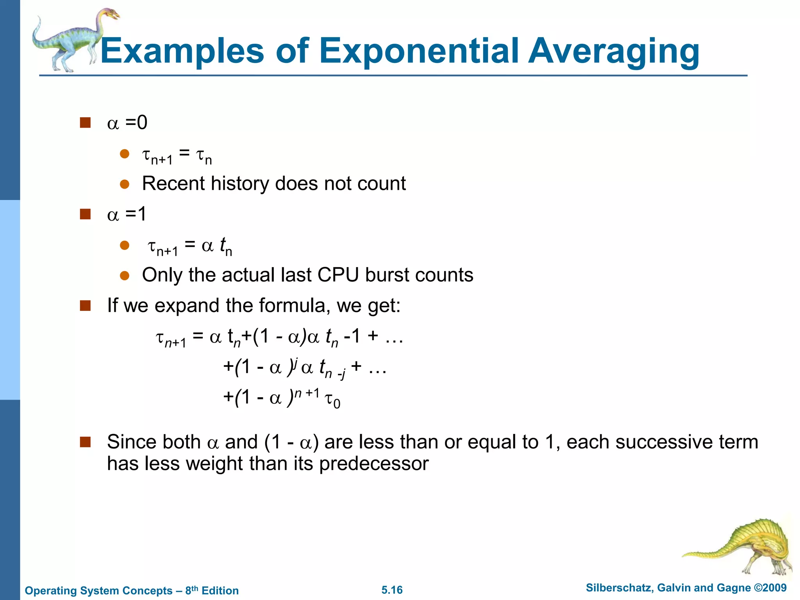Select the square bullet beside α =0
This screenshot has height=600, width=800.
[x=85, y=123]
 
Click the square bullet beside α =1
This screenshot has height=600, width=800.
[x=85, y=214]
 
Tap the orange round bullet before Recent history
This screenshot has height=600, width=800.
[x=125, y=184]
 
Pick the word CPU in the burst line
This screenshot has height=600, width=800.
[x=338, y=275]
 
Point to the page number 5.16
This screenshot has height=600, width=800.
[x=392, y=590]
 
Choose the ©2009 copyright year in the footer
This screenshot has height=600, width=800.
[x=770, y=588]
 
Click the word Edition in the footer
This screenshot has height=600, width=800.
[x=220, y=591]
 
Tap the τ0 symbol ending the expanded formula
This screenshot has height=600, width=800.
[x=332, y=400]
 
